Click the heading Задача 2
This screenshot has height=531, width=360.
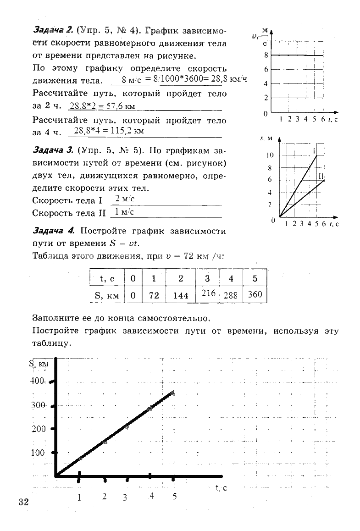click(53, 30)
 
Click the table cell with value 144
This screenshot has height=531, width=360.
click(181, 296)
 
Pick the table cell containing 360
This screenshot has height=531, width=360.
click(255, 294)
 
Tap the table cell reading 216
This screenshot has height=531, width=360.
click(208, 293)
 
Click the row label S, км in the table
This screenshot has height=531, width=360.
click(106, 296)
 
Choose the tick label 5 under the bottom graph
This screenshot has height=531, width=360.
click(174, 496)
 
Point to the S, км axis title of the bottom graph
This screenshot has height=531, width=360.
click(39, 364)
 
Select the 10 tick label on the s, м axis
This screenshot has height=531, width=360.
click(270, 155)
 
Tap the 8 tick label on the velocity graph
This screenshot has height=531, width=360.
click(266, 55)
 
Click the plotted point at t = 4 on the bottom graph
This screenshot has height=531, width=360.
click(150, 408)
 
